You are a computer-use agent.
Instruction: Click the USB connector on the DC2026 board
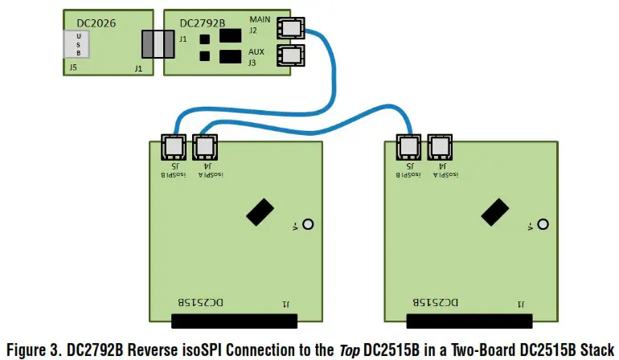tap(84, 45)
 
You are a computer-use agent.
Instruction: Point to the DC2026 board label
tap(96, 23)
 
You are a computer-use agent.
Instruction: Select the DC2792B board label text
tap(197, 23)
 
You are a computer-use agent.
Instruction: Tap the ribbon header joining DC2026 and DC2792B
tap(158, 44)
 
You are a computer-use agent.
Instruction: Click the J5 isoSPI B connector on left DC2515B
tap(174, 147)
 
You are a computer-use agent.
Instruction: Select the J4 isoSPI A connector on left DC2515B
tap(205, 147)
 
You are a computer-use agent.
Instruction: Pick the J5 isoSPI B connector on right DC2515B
tap(408, 147)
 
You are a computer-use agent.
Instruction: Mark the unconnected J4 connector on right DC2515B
tap(440, 147)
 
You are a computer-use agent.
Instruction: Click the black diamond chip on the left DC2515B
tap(260, 212)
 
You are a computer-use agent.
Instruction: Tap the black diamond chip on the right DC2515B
tap(494, 212)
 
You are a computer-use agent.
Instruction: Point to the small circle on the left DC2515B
tap(306, 226)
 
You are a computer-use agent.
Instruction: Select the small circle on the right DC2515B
tap(541, 226)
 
